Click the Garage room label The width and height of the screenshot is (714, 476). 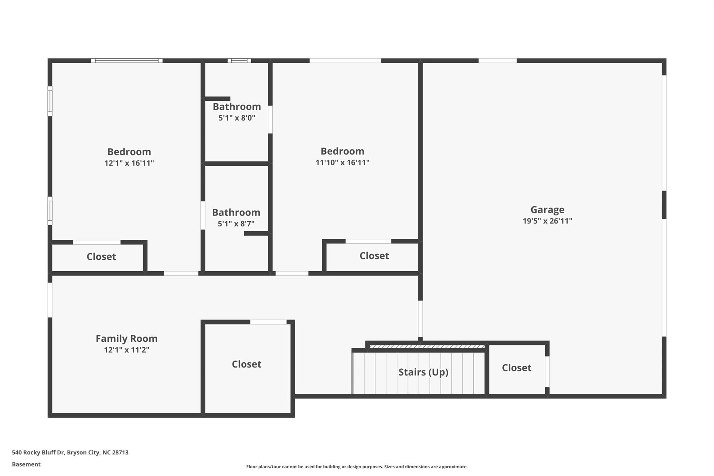point(547,210)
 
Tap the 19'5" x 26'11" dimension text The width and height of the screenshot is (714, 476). point(547,221)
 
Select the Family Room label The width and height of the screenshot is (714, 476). point(127,339)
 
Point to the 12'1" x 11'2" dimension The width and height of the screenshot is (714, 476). point(127,350)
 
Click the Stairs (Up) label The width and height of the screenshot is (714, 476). point(423,372)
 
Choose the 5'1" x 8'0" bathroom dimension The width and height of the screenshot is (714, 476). point(237,118)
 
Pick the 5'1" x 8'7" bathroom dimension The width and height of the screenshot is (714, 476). point(236,224)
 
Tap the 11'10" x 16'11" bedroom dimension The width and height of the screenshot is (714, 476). point(342,163)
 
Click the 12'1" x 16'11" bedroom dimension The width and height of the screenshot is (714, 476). point(129,163)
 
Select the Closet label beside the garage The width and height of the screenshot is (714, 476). point(516,368)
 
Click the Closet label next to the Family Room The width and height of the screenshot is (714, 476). point(246,364)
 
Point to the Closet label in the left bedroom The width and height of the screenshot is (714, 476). point(101,257)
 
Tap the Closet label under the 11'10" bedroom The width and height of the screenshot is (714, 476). point(374,256)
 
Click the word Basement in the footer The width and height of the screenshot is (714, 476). point(26,464)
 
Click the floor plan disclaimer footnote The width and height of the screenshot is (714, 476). point(357,467)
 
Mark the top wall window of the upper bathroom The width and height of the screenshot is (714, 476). point(239,61)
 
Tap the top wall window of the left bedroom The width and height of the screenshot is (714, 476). point(127,61)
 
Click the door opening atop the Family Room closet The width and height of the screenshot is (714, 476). point(268,322)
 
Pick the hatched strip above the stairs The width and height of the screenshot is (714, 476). point(427,347)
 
